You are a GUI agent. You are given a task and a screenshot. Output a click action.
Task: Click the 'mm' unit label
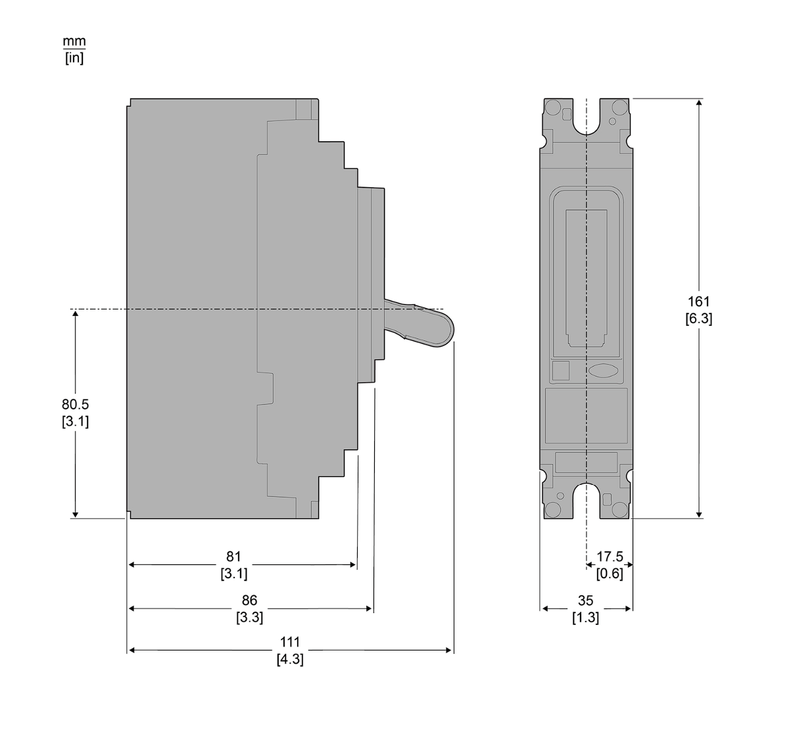click(x=74, y=41)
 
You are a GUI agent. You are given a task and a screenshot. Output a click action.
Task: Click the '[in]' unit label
click(x=74, y=58)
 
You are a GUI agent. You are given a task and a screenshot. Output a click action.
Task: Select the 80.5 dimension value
click(x=76, y=404)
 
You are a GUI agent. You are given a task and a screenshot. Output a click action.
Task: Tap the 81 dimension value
click(x=234, y=557)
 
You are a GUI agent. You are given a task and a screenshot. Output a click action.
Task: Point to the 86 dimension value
click(x=249, y=601)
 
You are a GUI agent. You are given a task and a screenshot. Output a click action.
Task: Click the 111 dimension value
click(x=290, y=642)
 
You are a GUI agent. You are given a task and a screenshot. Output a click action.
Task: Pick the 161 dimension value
click(x=698, y=302)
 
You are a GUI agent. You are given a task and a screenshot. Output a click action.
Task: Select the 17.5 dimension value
click(x=610, y=557)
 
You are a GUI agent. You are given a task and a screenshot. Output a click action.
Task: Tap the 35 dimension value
click(x=585, y=601)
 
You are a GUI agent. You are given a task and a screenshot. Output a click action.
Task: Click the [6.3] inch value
click(x=699, y=319)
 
